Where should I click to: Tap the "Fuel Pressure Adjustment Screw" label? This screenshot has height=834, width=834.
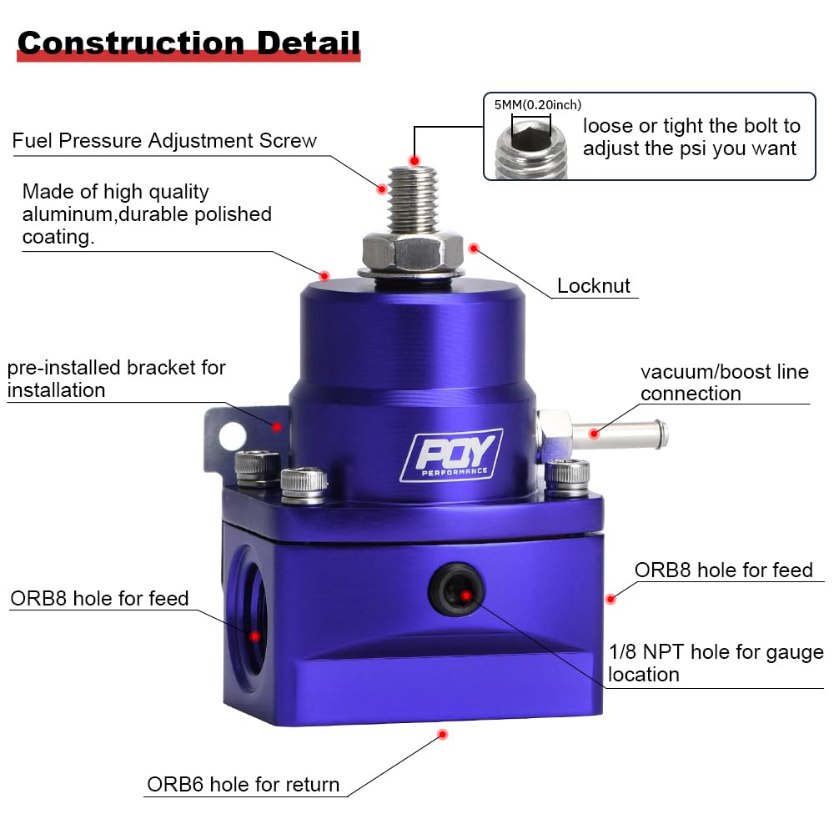[164, 140]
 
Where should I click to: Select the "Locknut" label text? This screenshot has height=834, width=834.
[594, 286]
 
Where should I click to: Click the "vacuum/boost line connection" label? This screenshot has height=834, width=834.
[724, 383]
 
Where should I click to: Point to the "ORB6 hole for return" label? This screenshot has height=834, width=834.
[243, 784]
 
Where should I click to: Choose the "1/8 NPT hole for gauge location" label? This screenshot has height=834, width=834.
[716, 663]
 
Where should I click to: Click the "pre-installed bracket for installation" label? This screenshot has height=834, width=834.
[116, 379]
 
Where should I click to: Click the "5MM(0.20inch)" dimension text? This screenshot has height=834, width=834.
[537, 105]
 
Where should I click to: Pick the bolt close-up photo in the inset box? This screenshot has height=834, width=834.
[530, 145]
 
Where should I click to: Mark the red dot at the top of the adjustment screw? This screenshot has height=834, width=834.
[414, 158]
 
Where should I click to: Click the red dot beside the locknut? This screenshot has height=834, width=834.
[474, 248]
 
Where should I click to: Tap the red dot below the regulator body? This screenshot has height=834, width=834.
[443, 734]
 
